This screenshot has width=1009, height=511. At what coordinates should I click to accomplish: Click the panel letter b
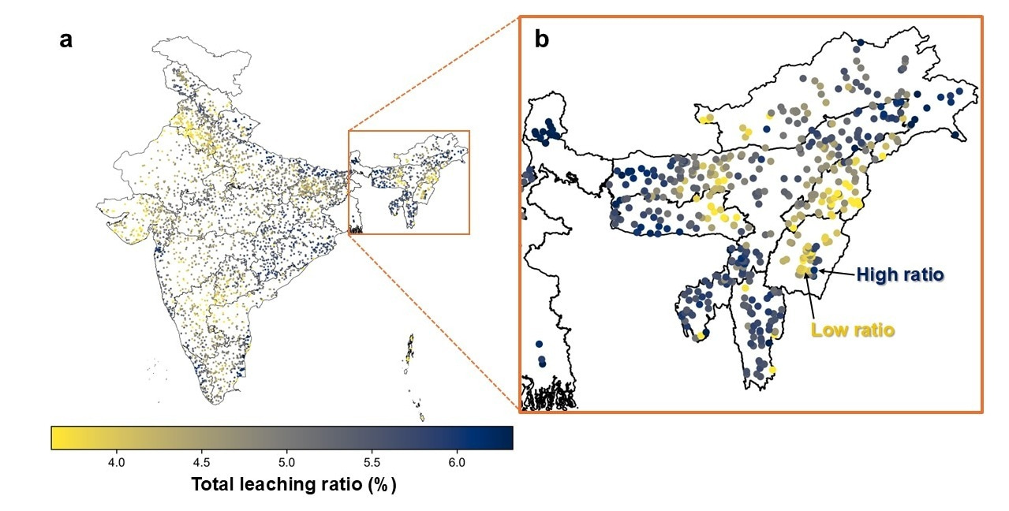(542, 39)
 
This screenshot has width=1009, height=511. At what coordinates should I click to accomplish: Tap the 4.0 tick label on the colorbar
(117, 461)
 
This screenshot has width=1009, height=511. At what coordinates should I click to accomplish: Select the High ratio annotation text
(900, 275)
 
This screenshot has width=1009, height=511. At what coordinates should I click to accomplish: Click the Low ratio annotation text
(853, 330)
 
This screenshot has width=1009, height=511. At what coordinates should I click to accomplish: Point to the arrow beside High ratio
(836, 273)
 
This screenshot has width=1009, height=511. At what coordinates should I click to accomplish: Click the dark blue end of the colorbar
(505, 438)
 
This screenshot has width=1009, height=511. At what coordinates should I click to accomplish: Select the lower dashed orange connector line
(434, 323)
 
